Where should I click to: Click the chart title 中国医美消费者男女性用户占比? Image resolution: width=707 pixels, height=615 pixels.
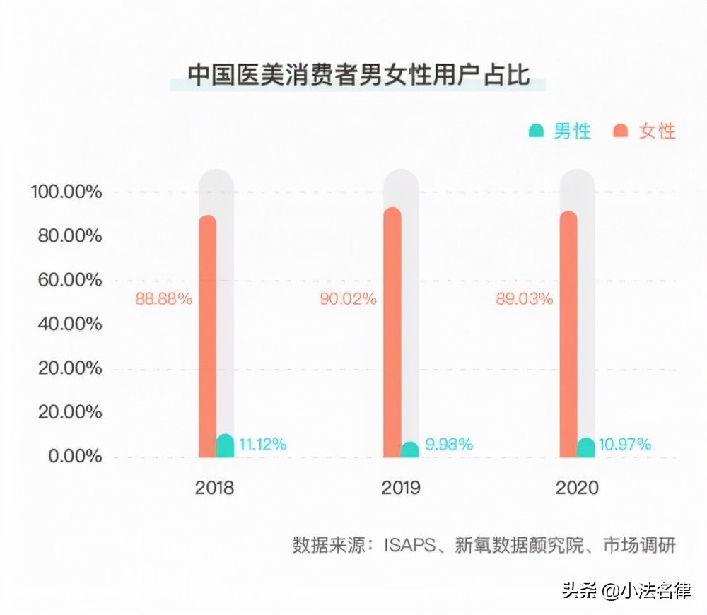pos(358,75)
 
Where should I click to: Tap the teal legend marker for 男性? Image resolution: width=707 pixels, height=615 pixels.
pos(536,131)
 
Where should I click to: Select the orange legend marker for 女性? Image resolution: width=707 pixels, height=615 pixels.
pos(621,131)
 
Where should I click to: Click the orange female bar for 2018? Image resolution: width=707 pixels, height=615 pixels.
pos(207,336)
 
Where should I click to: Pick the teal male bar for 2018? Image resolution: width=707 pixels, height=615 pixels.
pos(225,447)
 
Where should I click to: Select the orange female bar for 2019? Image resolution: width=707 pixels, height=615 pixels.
pos(392,332)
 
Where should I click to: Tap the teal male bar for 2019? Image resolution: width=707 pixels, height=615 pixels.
pos(410,450)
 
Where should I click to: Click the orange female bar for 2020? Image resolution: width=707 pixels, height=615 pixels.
pos(568,334)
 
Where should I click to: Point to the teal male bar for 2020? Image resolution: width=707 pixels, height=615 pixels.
pos(586,448)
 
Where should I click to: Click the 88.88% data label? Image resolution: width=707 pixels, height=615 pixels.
pos(163,299)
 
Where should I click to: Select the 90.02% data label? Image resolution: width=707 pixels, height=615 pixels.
pos(348,299)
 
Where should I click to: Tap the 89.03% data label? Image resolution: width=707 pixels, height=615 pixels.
pos(525,299)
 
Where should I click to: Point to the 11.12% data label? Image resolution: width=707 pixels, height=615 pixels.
pos(262,445)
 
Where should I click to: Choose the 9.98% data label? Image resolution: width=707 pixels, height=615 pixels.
pos(449,445)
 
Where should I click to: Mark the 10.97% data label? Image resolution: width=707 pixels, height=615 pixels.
pos(625,445)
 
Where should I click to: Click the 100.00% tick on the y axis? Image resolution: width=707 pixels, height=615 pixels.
pos(66,192)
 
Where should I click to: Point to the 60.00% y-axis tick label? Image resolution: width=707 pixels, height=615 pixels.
pos(66,281)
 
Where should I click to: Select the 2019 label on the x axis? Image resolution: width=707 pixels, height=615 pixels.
pos(400,488)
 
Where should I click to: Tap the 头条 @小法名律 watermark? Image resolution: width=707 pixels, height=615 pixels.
pos(626,590)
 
